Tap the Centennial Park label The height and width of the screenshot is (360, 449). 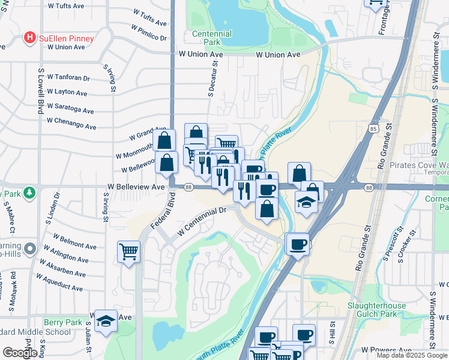pyautogui.click(x=211, y=38)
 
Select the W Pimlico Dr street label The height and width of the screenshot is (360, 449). pyautogui.click(x=149, y=33)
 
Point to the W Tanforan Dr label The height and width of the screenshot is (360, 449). pyautogui.click(x=68, y=79)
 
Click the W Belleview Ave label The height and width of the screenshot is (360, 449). pyautogui.click(x=136, y=187)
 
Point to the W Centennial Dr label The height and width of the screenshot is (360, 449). pyautogui.click(x=201, y=221)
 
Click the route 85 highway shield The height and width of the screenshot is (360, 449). pyautogui.click(x=374, y=128)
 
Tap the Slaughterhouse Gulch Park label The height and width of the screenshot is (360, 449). pyautogui.click(x=376, y=310)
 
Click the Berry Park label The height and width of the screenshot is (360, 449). pyautogui.click(x=62, y=322)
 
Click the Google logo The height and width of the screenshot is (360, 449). pyautogui.click(x=20, y=353)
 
